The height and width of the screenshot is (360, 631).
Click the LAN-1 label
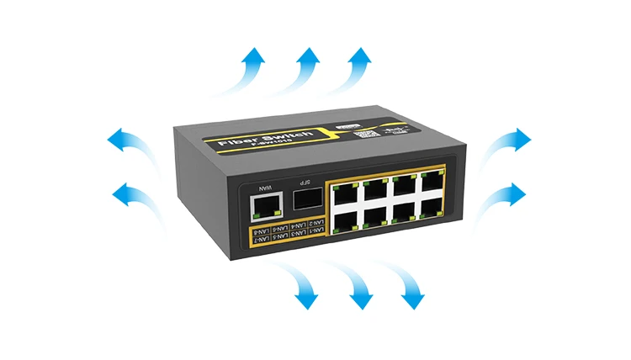click(x=315, y=222)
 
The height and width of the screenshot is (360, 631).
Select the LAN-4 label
click(x=295, y=225)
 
